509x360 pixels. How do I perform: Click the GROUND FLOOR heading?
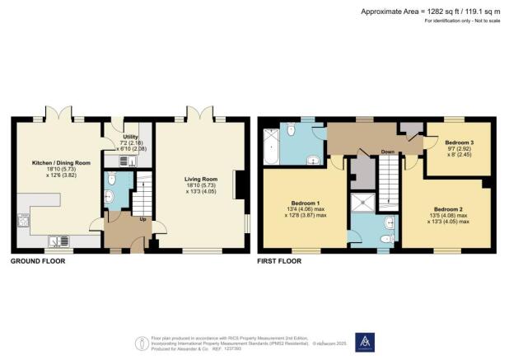(x=37, y=261)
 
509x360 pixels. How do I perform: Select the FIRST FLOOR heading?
(x=279, y=261)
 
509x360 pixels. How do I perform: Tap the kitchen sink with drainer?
(x=59, y=241)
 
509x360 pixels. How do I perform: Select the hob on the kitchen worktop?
(x=22, y=219)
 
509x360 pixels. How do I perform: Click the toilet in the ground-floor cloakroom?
(x=110, y=196)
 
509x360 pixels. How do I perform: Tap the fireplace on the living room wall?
(x=237, y=184)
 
